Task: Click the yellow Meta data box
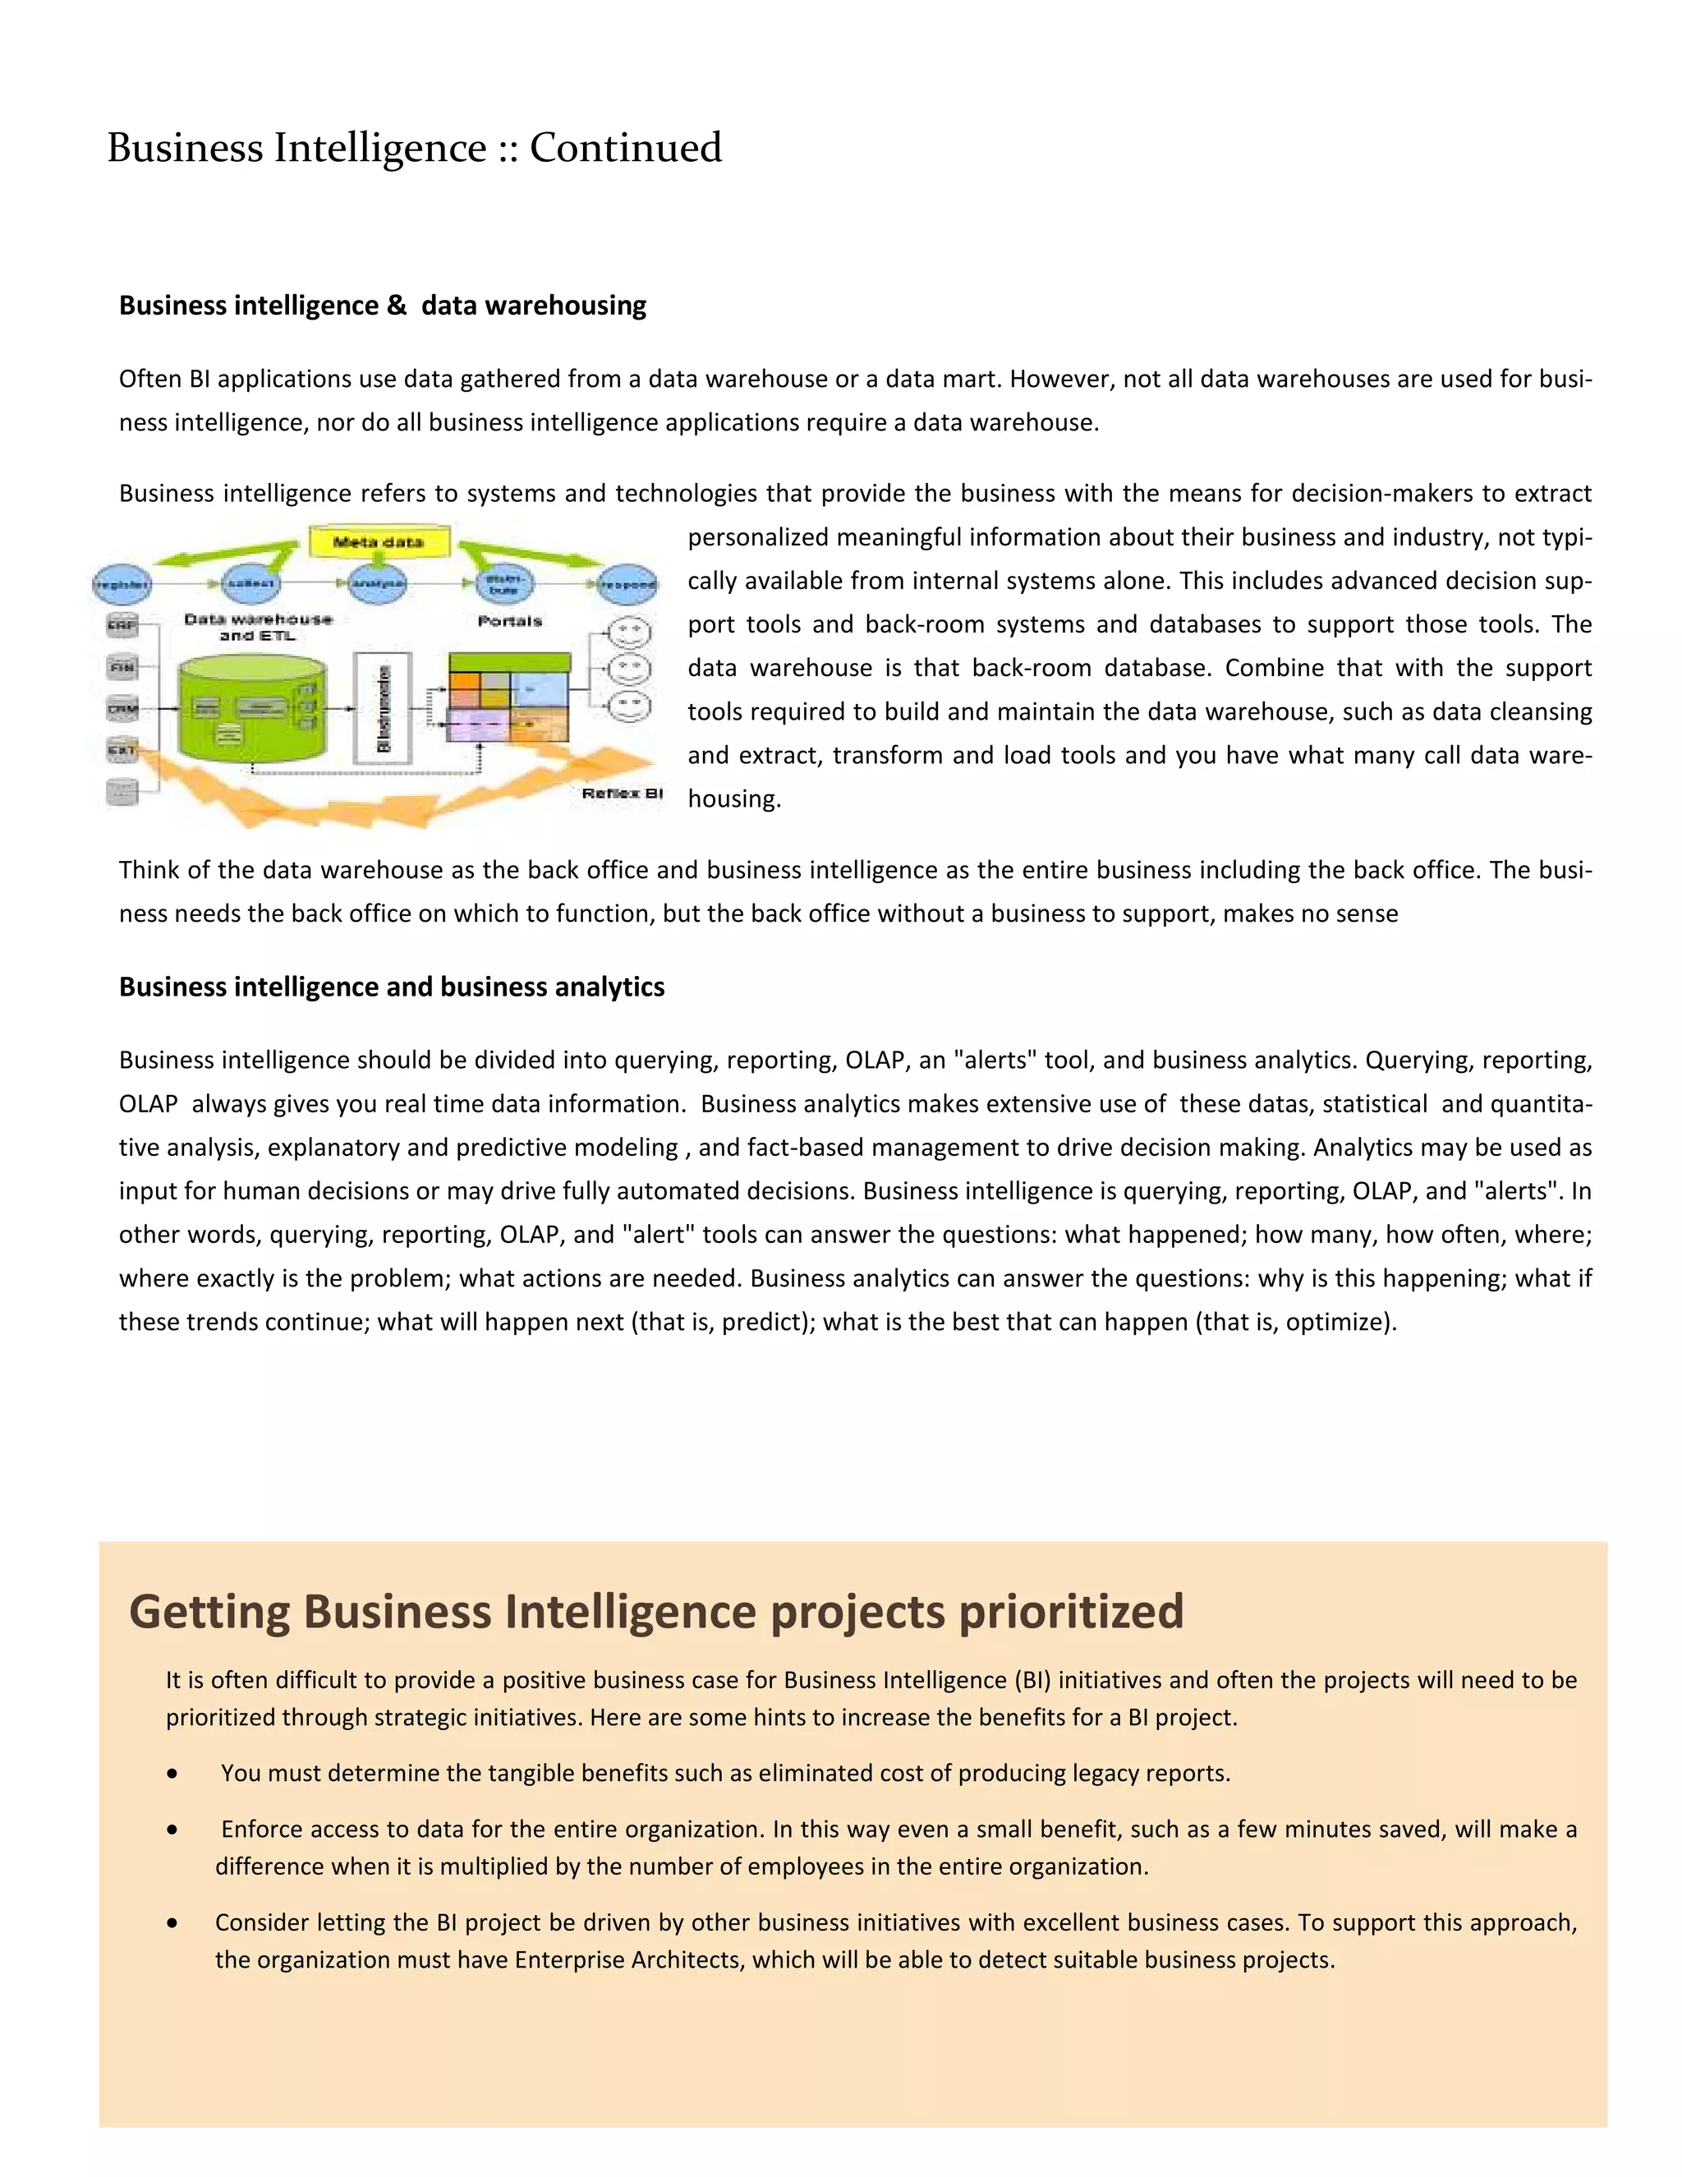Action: (x=379, y=542)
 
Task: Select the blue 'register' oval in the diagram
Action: (x=122, y=584)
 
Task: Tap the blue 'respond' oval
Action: (x=627, y=585)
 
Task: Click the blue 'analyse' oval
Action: (x=379, y=583)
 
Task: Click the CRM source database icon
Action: (x=122, y=709)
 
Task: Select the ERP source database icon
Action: (x=122, y=625)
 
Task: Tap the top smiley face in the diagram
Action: (x=629, y=632)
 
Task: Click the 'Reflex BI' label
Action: (x=622, y=794)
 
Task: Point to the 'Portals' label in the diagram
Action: (x=509, y=621)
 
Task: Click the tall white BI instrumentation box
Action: (x=384, y=709)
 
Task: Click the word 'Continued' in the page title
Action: (x=625, y=148)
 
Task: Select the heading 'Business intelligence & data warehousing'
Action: (x=383, y=305)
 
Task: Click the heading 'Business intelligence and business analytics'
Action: (x=392, y=987)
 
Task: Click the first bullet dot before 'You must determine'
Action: (x=173, y=1774)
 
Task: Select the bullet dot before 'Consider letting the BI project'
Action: (x=173, y=1924)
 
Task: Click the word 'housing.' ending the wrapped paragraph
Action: (x=733, y=799)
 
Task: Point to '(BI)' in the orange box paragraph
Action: (x=1032, y=1681)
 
